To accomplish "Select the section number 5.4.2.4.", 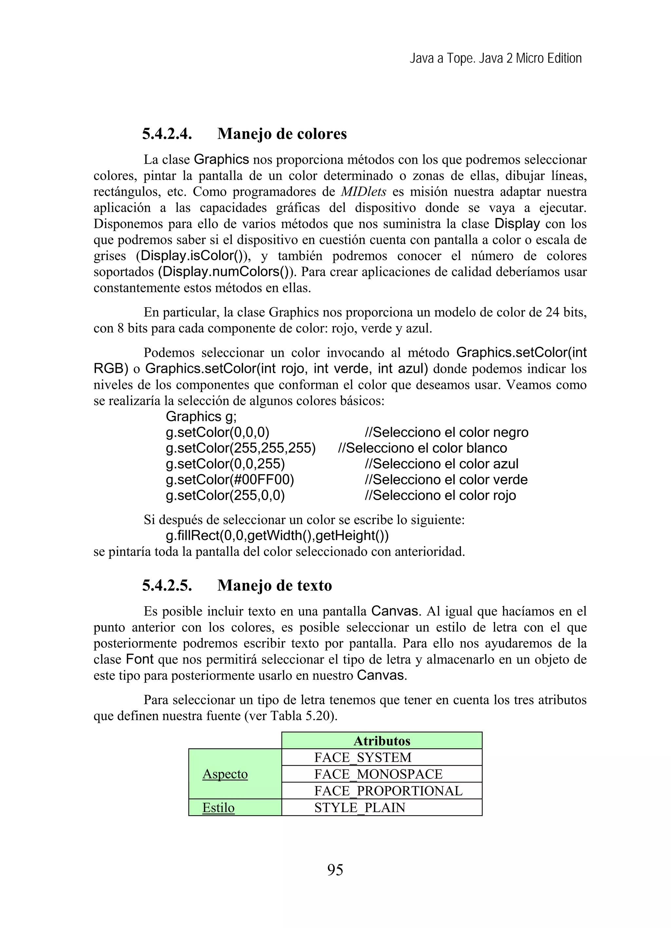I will [x=167, y=134].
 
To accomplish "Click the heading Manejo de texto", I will [x=274, y=586].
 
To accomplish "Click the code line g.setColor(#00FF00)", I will [x=230, y=479].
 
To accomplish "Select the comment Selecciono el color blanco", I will [x=422, y=448].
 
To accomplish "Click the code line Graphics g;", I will [x=201, y=416].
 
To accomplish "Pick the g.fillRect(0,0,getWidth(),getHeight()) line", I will [x=277, y=535].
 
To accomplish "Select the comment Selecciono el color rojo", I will [x=440, y=495].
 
